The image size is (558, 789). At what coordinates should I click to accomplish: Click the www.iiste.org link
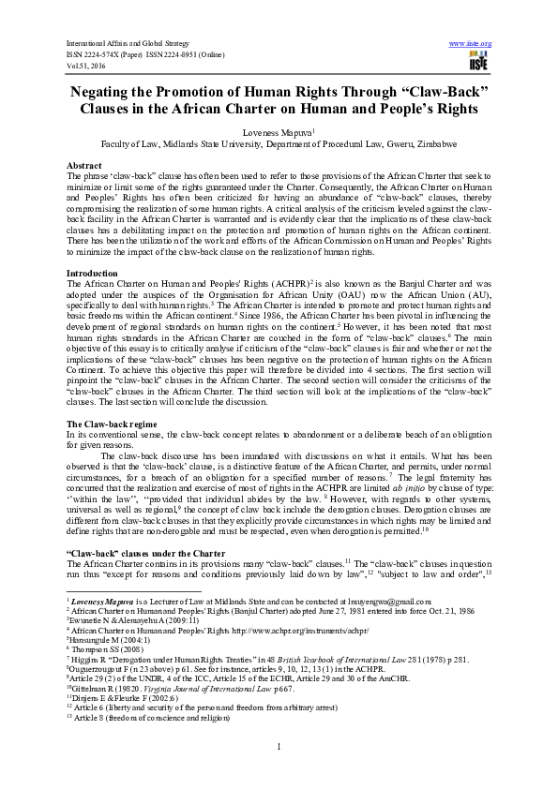point(471,44)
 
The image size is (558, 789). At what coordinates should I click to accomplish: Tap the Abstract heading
point(85,164)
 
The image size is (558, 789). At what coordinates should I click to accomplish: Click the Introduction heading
point(93,273)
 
